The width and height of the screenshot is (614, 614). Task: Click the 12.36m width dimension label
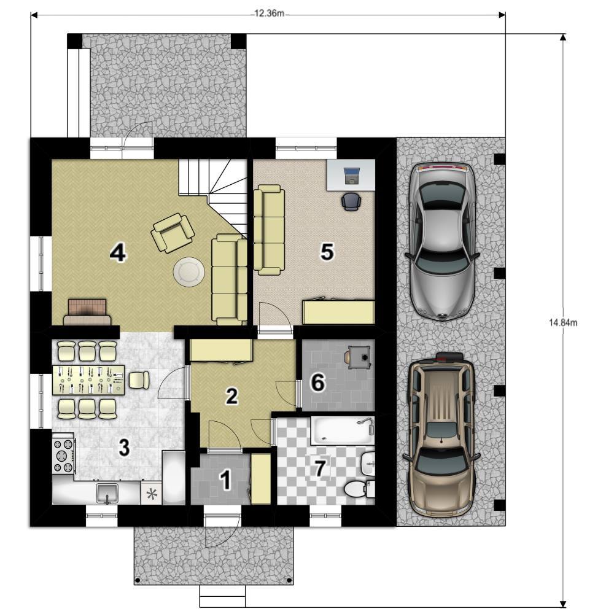point(270,14)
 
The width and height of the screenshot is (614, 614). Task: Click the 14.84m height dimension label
point(563,323)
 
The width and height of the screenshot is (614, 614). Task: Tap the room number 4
point(117,252)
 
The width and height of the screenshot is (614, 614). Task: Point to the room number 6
point(317,382)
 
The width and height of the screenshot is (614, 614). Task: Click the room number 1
point(225,480)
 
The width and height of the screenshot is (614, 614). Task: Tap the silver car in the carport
point(443,241)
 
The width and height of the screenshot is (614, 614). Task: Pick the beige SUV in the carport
point(441,435)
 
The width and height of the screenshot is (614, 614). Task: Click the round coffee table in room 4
point(188,271)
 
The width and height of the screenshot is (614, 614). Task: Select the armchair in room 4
point(173,233)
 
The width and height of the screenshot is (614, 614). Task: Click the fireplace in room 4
point(87,312)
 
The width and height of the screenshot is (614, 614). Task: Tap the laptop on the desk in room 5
point(352,176)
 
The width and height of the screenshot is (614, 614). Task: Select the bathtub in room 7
point(343,431)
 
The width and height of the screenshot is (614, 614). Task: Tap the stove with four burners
point(63,456)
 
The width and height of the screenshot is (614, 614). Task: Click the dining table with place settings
point(88,380)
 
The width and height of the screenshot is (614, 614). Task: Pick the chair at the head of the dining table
point(139,380)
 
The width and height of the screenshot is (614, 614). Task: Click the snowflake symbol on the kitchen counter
point(152,494)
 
